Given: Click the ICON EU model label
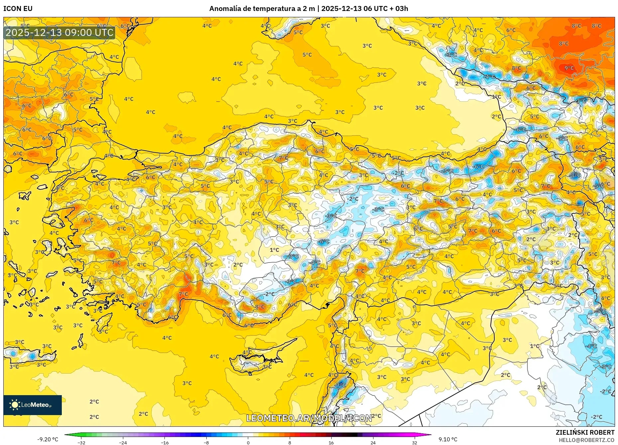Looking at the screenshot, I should pos(18,9).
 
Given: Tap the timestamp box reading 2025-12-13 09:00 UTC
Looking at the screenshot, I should pos(59,33).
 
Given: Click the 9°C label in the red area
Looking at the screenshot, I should pos(569,68).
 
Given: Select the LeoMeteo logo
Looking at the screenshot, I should pos(33,405).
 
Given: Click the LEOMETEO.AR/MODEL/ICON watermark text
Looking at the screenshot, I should pos(309,418).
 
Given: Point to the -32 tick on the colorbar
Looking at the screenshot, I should pos(81,442).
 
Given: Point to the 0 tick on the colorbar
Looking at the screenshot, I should pos(248,442).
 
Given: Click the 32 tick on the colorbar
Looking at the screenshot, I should pos(414,442).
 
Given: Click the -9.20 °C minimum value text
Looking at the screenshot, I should pos(48,439).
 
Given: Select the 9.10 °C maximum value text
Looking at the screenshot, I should pos(448,439).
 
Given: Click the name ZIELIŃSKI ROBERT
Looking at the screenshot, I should pos(585,432).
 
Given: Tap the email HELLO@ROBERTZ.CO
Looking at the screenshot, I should pos(586,440).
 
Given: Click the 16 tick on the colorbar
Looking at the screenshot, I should pos(331,442).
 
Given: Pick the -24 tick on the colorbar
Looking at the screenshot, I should pos(123,442).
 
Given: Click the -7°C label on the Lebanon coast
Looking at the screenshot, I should pos(341,386).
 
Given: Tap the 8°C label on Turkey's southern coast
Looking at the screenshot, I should pos(259,307).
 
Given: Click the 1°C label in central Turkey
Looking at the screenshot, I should pos(274,250).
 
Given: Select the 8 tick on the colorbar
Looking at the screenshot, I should pos(289,442).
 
